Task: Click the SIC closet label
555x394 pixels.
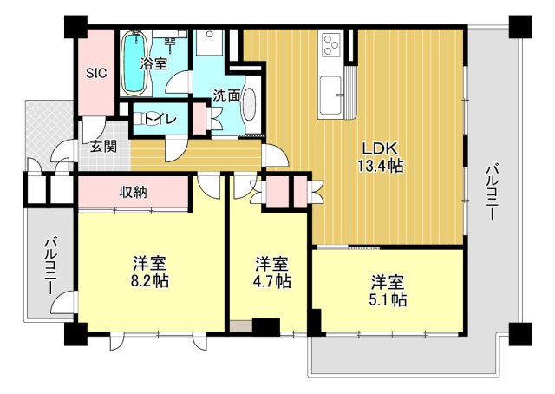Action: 95,74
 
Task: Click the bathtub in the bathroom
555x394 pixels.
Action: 135,62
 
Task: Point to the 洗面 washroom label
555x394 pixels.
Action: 227,95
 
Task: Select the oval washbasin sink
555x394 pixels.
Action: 251,108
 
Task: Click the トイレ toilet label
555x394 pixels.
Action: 160,119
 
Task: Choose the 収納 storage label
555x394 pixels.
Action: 133,191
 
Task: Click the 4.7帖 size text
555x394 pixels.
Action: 272,281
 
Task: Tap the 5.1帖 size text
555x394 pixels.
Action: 388,300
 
